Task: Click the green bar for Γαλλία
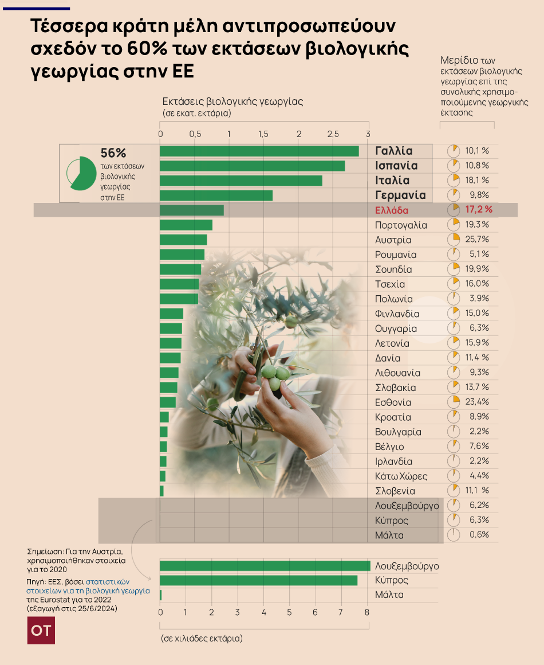pos(259,151)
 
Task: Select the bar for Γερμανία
pos(216,195)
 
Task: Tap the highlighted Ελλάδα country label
pos(392,210)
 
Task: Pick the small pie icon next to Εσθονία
pos(454,401)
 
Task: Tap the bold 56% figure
pos(113,153)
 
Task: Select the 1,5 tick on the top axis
pos(263,134)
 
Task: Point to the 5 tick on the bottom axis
pos(290,612)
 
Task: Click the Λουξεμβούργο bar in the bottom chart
pos(265,566)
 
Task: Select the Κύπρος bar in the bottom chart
pos(258,580)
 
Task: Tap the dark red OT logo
pos(41,631)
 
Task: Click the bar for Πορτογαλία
pos(186,225)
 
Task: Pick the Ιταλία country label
pos(392,180)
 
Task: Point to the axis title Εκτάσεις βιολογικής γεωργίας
pos(232,102)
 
